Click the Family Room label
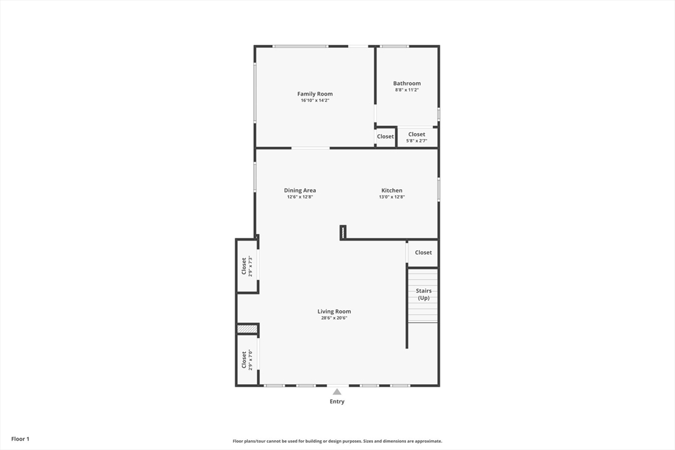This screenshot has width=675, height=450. (x=314, y=94)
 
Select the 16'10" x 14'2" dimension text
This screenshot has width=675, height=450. (x=314, y=101)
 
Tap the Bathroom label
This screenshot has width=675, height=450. (x=407, y=84)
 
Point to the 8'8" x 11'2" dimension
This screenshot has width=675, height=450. (x=407, y=90)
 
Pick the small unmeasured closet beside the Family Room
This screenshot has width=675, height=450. (x=385, y=137)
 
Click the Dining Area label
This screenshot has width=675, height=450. (x=300, y=190)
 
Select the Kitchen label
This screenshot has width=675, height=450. (x=392, y=190)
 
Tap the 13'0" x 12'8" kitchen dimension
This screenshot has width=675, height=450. (x=392, y=197)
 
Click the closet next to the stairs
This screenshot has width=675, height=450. (x=423, y=252)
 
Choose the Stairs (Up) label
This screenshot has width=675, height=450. (x=423, y=294)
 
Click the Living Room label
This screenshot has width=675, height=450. (x=334, y=312)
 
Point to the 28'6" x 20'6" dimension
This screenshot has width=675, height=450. (x=334, y=318)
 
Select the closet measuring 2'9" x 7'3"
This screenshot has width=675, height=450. (x=247, y=266)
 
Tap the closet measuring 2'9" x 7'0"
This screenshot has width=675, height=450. (x=247, y=360)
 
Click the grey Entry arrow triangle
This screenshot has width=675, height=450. (x=337, y=391)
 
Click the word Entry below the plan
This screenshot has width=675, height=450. (x=337, y=401)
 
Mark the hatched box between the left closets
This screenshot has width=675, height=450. (x=247, y=329)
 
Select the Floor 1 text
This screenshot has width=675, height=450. (x=20, y=439)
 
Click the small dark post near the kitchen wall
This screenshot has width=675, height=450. (x=343, y=232)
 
